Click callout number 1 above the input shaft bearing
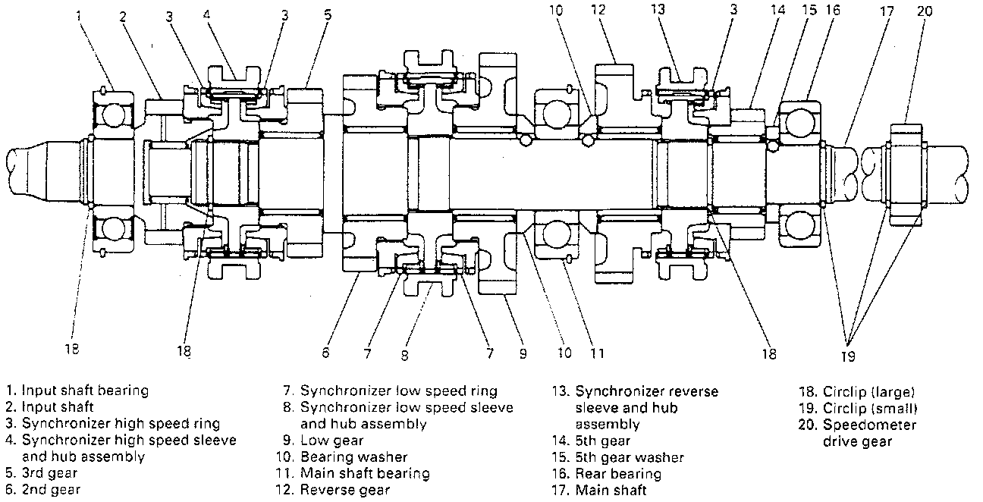(79, 16)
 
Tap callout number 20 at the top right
(924, 11)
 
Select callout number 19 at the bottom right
(848, 356)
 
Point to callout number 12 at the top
(598, 10)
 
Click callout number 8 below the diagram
(404, 356)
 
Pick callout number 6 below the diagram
(325, 353)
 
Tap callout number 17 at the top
(887, 11)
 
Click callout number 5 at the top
(328, 15)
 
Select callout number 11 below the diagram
(597, 353)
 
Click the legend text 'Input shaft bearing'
(85, 391)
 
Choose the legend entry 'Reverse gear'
(345, 490)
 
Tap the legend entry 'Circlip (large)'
(868, 392)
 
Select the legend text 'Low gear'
(331, 441)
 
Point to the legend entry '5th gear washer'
(630, 458)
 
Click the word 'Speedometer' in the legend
(869, 425)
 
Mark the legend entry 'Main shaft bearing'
(365, 473)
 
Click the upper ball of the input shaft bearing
(113, 115)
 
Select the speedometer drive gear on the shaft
(906, 174)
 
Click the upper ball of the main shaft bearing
(557, 114)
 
